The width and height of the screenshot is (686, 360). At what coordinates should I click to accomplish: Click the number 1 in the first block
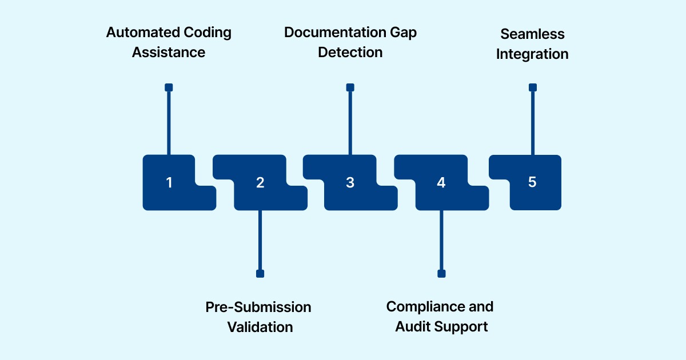(169, 183)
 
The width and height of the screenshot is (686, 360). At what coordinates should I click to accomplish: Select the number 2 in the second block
(260, 183)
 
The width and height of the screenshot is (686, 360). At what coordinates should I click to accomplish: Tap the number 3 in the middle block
(350, 183)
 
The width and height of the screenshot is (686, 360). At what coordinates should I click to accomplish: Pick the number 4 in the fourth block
(441, 183)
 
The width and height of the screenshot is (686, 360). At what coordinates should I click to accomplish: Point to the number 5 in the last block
(532, 182)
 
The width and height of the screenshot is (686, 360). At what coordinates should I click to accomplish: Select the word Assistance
(169, 53)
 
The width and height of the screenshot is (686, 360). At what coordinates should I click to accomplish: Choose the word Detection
(350, 53)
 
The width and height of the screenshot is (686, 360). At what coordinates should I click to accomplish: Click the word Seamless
(532, 34)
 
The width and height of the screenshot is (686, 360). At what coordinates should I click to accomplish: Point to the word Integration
(532, 54)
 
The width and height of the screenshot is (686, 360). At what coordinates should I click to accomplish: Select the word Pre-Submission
(258, 307)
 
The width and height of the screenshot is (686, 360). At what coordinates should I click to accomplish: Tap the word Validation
(260, 327)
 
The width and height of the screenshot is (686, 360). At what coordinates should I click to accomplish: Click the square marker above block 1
(169, 87)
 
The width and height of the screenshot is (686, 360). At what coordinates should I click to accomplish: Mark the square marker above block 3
(350, 87)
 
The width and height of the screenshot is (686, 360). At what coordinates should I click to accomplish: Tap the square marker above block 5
(533, 87)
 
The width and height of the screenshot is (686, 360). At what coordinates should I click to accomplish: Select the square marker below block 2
(260, 274)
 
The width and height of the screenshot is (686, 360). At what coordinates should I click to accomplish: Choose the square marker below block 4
(441, 274)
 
